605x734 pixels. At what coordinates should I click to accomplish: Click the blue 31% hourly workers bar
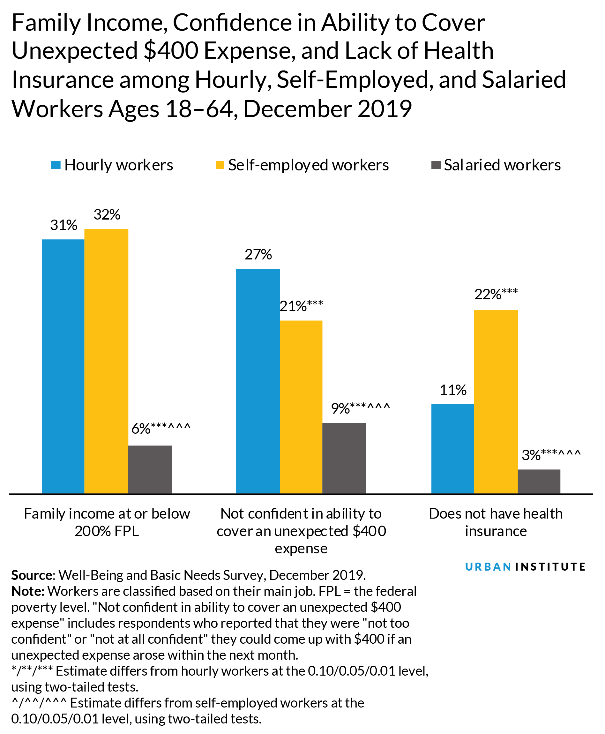63,366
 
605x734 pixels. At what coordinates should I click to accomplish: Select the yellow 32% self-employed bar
106,361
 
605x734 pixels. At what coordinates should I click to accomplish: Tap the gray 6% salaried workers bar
150,469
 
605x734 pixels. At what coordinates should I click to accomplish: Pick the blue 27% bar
258,381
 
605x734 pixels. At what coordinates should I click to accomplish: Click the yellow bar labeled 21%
301,407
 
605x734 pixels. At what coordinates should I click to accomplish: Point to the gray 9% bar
344,458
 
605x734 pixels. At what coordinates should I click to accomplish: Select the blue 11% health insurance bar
452,449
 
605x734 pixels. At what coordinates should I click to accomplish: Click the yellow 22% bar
496,401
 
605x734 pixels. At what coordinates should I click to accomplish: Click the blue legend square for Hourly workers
56,165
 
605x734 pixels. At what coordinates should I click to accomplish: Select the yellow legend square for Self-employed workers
220,165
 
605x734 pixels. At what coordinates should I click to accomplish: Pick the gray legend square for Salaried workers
436,165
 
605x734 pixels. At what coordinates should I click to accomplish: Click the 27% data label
258,255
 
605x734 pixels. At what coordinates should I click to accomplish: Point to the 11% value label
453,390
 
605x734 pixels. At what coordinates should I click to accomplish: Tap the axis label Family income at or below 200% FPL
107,522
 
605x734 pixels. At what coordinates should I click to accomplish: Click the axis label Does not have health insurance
496,522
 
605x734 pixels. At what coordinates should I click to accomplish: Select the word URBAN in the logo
488,567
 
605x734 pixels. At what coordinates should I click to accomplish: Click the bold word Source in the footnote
31,575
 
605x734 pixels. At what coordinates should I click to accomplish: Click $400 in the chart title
171,51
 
